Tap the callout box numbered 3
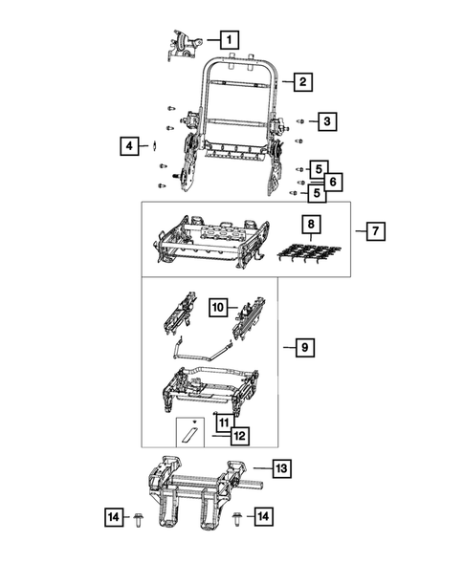326,121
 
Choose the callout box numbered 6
332,181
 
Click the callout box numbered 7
375,231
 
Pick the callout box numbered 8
310,227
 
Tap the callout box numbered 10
218,308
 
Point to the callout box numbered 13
281,469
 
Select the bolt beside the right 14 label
235,517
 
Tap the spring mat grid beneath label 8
309,255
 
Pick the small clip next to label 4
153,146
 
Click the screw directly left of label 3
300,121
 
